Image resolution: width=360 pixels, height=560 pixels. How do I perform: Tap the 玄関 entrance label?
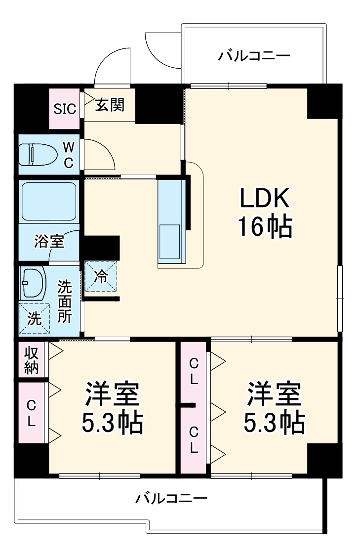pyautogui.click(x=110, y=105)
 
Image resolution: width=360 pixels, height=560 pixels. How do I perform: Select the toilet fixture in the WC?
pyautogui.click(x=37, y=154)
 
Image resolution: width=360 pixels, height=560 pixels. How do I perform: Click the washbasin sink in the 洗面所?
pyautogui.click(x=33, y=283)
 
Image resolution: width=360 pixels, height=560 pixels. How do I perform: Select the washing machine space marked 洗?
pyautogui.click(x=34, y=318)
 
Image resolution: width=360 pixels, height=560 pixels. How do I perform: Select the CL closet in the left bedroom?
pyautogui.click(x=31, y=413)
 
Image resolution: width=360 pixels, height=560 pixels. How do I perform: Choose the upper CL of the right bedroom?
pyautogui.click(x=194, y=372)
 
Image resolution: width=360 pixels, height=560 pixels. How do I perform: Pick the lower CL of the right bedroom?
pyautogui.click(x=194, y=439)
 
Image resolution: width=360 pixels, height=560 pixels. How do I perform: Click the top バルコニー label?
pyautogui.click(x=254, y=56)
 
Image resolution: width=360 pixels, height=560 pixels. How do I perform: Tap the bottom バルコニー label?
pyautogui.click(x=171, y=498)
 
